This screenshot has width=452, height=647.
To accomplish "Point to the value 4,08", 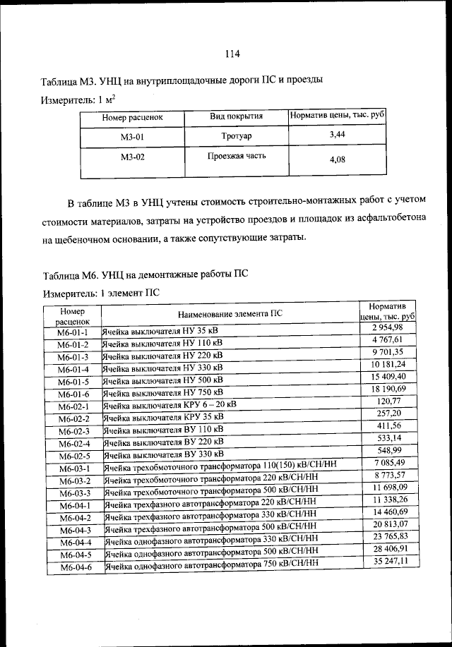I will coord(338,159).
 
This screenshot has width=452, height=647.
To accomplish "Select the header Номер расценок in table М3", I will coord(132,117).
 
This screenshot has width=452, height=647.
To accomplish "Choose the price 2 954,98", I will coord(387,327).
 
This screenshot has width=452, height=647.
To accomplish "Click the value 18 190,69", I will coord(387,389).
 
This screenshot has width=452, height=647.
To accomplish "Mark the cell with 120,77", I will coord(388,401).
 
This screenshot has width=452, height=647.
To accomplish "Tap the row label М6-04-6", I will coord(73,567).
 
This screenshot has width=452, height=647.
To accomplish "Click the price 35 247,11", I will coord(389,562).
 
